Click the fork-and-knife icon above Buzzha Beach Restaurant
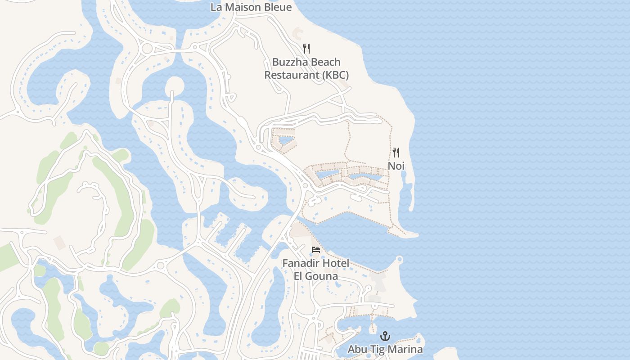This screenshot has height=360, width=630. pyautogui.click(x=306, y=49)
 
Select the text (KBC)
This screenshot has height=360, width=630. pyautogui.click(x=335, y=75)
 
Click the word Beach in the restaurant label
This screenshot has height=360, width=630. pyautogui.click(x=325, y=62)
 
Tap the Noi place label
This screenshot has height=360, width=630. pyautogui.click(x=396, y=166)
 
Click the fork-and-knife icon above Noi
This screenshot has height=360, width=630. pyautogui.click(x=396, y=153)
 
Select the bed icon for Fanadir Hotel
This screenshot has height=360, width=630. pyautogui.click(x=316, y=250)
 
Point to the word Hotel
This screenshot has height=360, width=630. pyautogui.click(x=335, y=263)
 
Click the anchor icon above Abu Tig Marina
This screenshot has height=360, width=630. pyautogui.click(x=385, y=336)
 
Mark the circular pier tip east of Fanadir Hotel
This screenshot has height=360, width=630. pyautogui.click(x=399, y=259)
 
